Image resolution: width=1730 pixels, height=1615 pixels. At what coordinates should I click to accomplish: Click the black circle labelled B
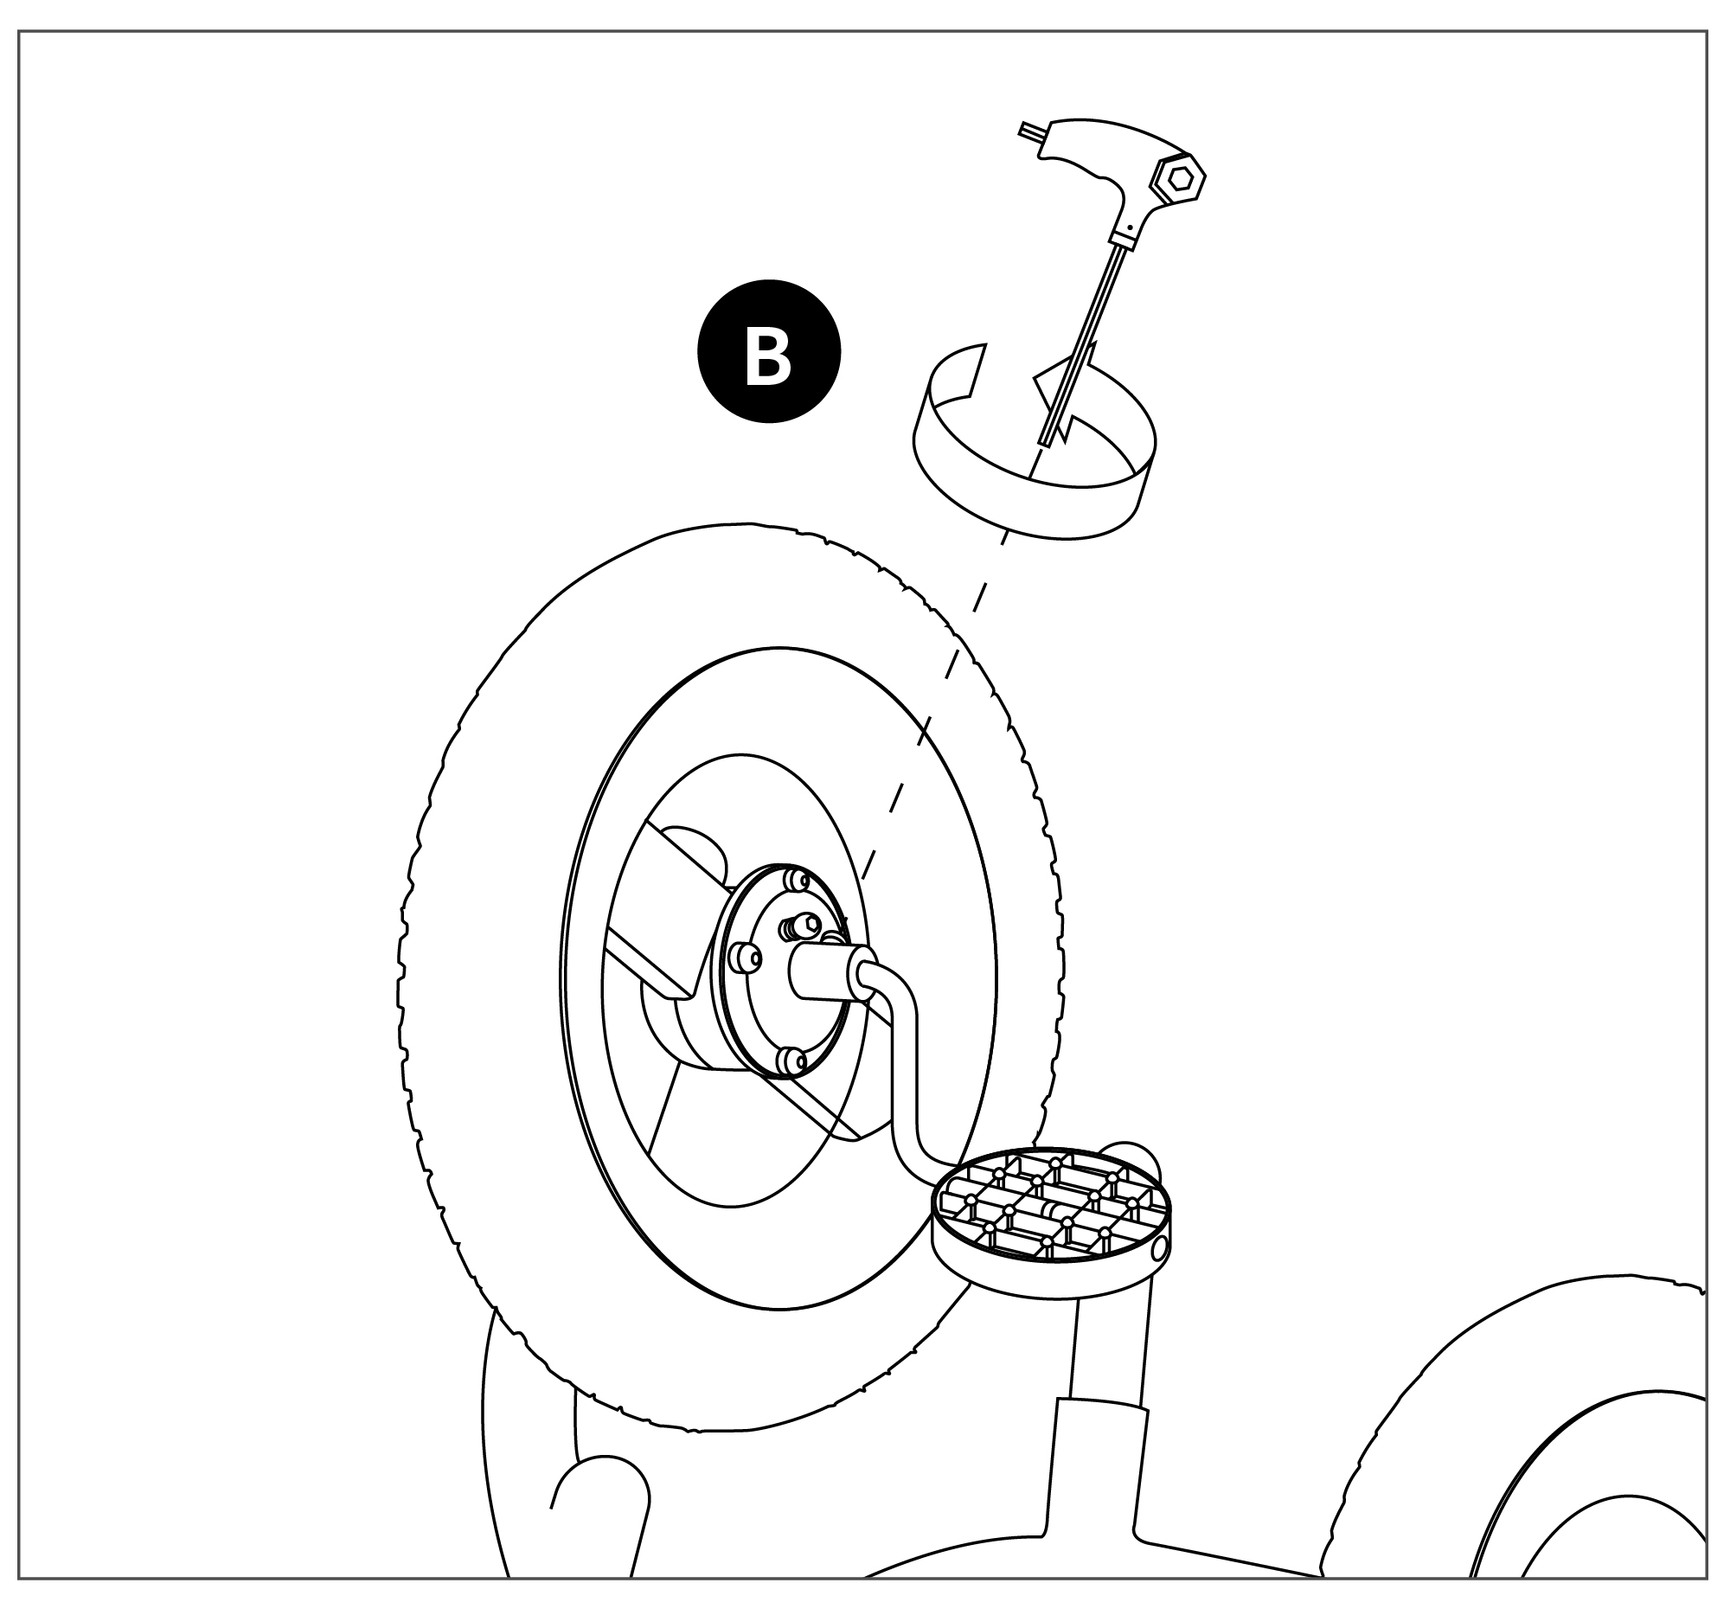tap(768, 351)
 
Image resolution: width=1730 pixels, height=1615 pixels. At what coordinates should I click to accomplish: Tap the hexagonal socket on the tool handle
tap(1179, 179)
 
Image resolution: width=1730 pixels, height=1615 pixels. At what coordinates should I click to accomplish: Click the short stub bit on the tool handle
tap(1032, 133)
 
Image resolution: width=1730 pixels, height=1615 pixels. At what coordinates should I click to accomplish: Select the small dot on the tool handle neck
tap(1129, 228)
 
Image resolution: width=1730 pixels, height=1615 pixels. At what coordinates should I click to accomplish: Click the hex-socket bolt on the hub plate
tap(808, 924)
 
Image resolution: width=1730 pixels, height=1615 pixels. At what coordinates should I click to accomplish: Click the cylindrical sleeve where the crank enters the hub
tap(823, 973)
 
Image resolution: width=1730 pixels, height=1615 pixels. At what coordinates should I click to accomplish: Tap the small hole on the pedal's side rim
tap(1159, 1249)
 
